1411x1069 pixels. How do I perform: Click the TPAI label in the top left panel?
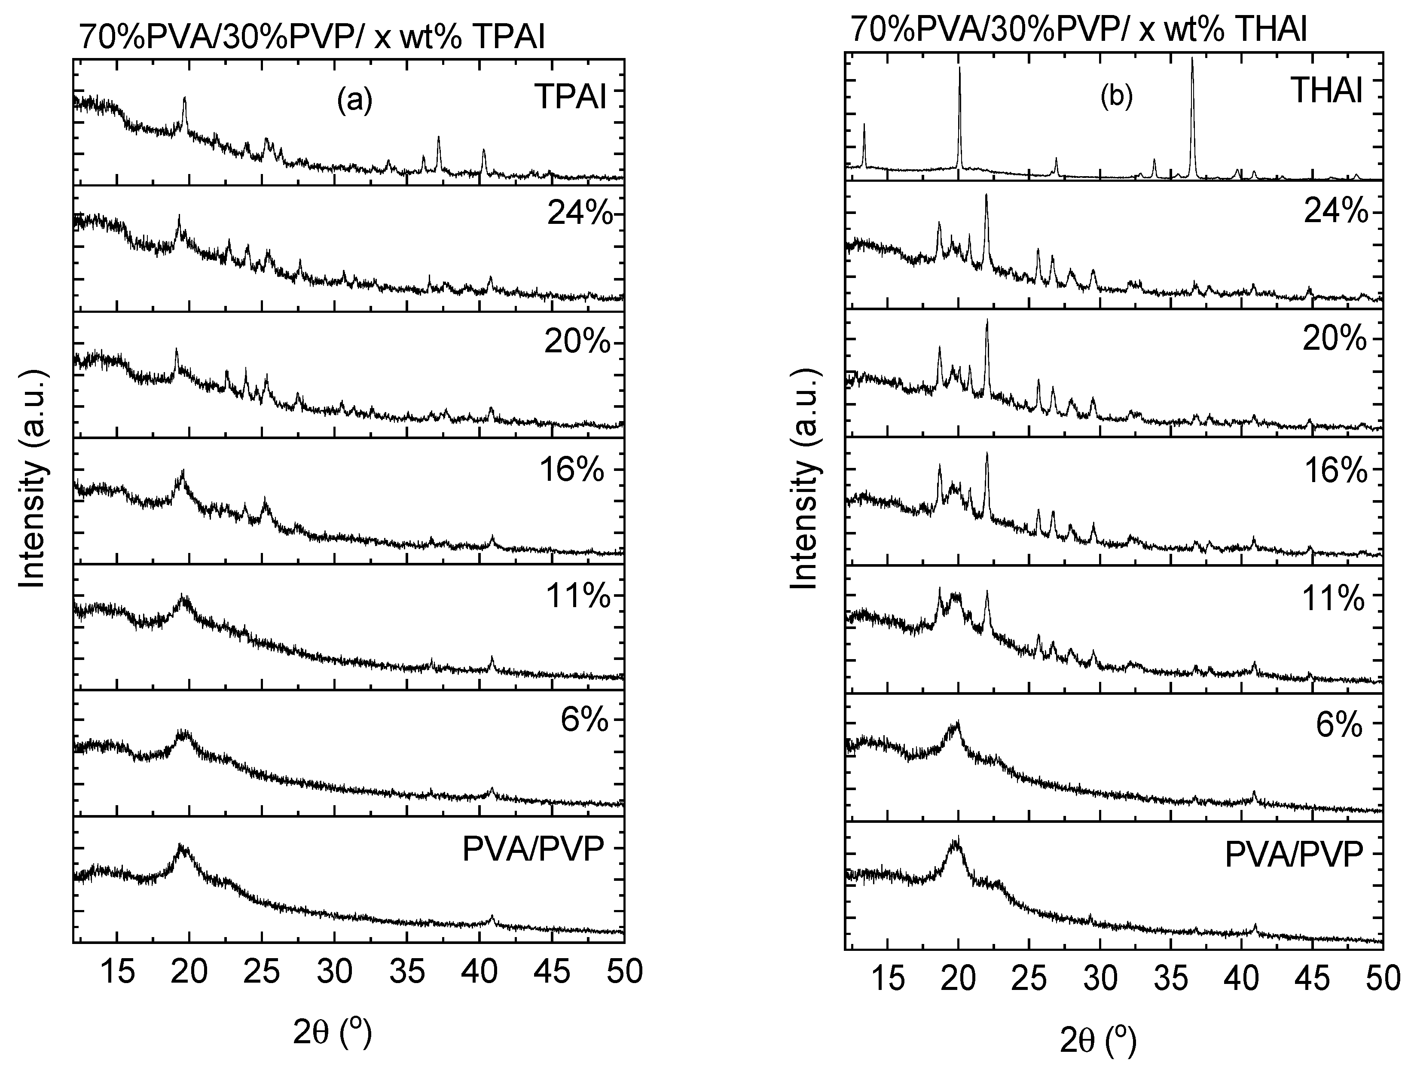570,97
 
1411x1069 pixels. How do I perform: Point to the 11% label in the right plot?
1333,599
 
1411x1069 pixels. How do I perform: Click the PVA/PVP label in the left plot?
533,849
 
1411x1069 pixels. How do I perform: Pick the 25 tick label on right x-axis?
1030,978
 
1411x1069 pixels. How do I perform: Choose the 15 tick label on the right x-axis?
888,978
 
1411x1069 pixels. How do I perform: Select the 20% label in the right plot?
1335,340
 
